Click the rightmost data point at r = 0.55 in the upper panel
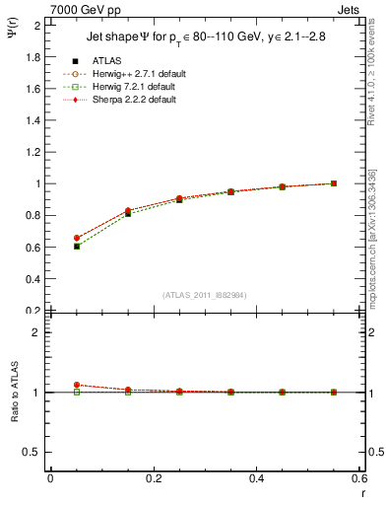[334, 183]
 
